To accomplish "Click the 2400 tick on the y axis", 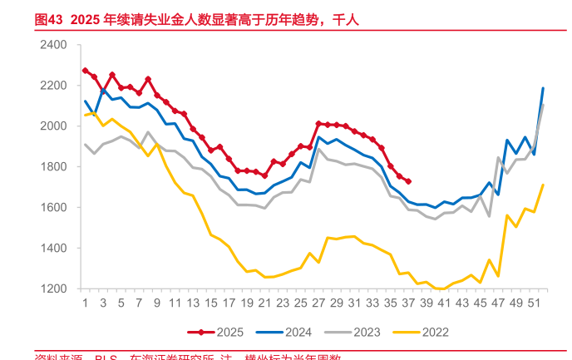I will point(55,44).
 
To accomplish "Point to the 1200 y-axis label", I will point(55,288).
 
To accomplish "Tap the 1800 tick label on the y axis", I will point(55,166).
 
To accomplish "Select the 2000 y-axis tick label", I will point(55,126).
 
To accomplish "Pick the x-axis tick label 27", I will point(318,305).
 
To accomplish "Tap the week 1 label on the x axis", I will point(85,305).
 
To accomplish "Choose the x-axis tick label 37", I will point(408,305).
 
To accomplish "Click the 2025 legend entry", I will point(220,333).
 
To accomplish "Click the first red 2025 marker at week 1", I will point(85,71).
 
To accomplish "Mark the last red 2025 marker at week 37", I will point(408,181).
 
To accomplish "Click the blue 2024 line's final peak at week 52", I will point(543,88).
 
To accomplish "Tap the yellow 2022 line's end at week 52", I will point(543,185).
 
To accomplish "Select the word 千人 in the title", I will point(345,18).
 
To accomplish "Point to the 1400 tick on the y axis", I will point(55,248).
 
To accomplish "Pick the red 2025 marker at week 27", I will point(318,123).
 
